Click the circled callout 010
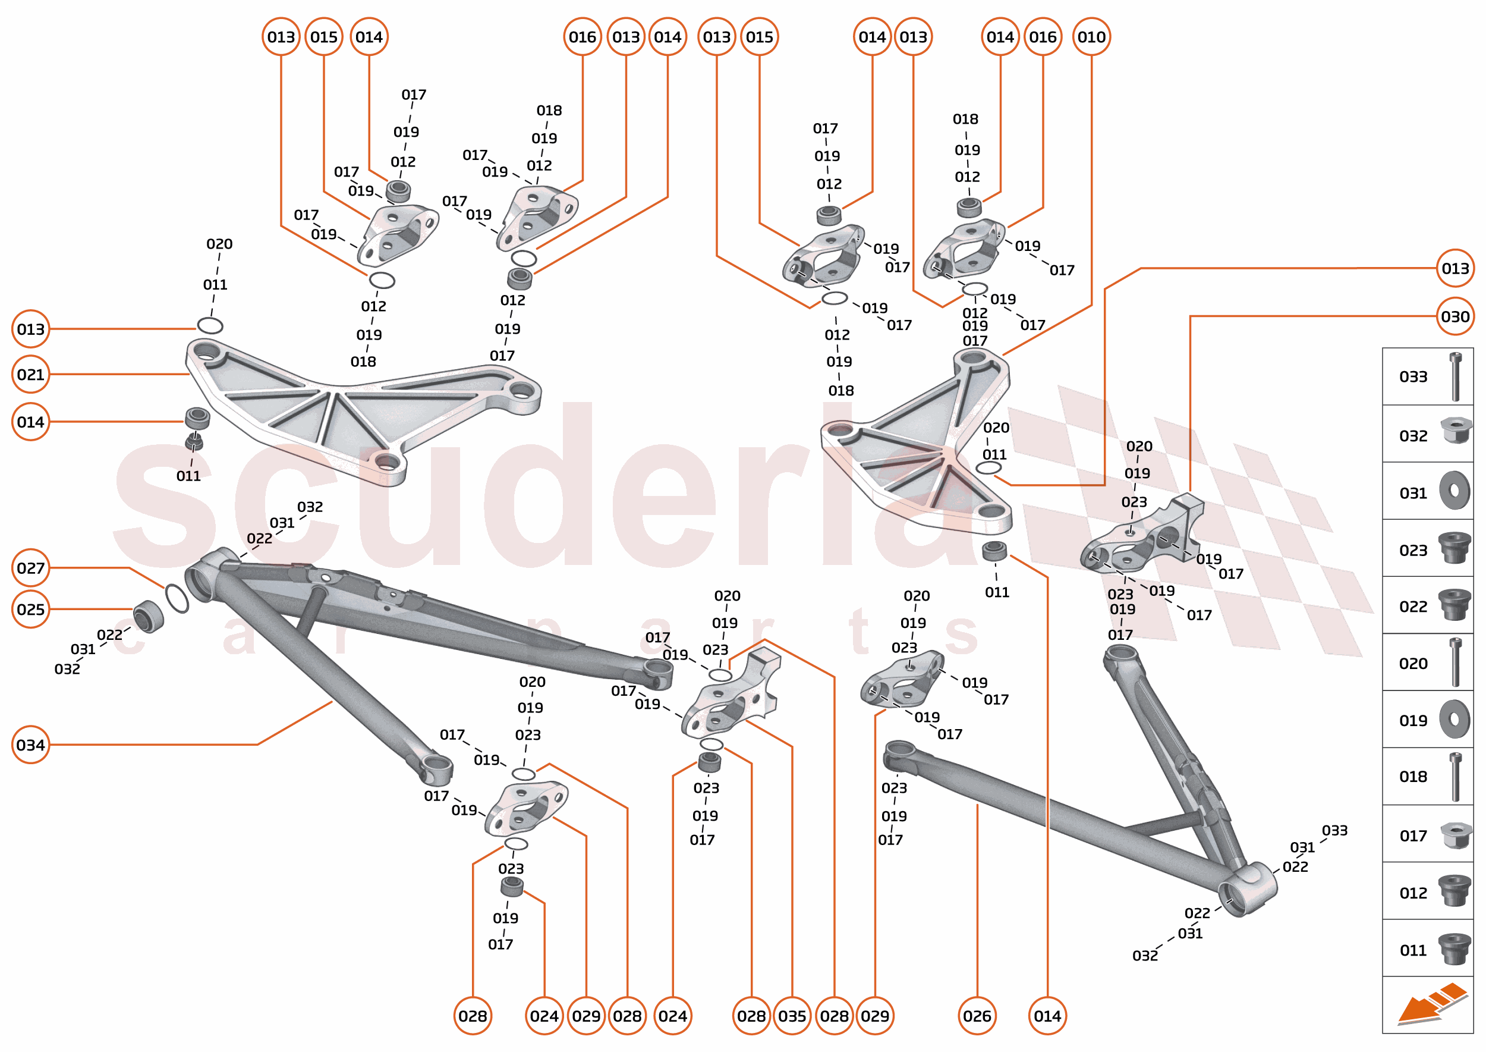(1091, 37)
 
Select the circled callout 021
(30, 375)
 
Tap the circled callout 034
(30, 745)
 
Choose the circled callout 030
(1455, 317)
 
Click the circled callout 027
(30, 568)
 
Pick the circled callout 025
(30, 610)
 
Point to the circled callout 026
(977, 1016)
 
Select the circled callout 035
(792, 1016)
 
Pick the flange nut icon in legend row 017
(1455, 835)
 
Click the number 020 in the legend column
(1413, 663)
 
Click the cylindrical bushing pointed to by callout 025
(148, 616)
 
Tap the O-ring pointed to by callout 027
(177, 598)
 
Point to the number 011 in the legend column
(1413, 950)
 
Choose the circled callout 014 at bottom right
(1047, 1016)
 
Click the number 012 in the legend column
(1413, 893)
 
